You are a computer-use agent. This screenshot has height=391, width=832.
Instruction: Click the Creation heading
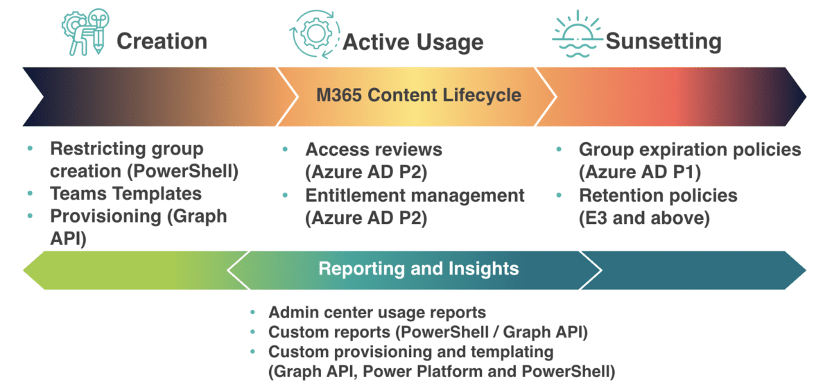[162, 42]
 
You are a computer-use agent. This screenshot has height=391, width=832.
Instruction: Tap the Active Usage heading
[413, 42]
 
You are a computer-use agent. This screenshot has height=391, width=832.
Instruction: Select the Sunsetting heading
[664, 42]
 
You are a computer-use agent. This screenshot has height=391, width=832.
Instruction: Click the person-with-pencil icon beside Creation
[83, 32]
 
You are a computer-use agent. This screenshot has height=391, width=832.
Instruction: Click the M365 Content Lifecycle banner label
[418, 94]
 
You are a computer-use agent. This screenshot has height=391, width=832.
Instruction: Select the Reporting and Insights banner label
[418, 268]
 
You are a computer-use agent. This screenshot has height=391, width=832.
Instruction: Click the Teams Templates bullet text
[125, 193]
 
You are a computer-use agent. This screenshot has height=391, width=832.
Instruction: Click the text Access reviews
[374, 149]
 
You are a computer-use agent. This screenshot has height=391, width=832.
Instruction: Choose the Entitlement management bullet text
[415, 195]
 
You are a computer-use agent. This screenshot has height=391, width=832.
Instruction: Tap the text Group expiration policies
[690, 149]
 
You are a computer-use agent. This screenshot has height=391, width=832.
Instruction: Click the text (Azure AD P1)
[639, 171]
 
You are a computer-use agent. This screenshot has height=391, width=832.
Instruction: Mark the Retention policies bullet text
[658, 195]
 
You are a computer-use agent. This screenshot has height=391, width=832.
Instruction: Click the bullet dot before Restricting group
[29, 149]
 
